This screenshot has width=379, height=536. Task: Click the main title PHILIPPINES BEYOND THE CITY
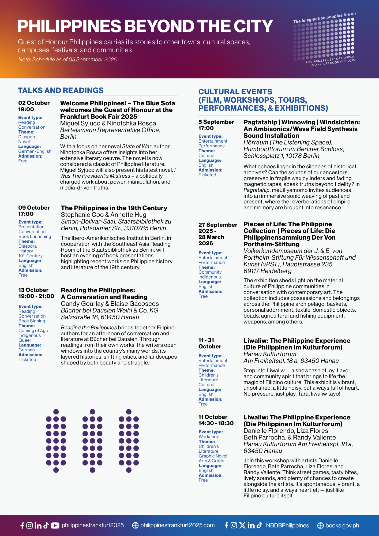[145, 26]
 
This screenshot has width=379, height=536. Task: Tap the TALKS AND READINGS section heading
[61, 90]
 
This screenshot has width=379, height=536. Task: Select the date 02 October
[34, 103]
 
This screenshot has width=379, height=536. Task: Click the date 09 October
[34, 208]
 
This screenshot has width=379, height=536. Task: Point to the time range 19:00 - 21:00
[36, 296]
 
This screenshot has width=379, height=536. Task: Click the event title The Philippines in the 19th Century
[114, 208]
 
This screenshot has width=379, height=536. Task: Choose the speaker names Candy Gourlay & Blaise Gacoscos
[110, 304]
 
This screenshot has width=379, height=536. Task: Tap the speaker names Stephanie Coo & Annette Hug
[103, 215]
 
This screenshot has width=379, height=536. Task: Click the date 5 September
[216, 122]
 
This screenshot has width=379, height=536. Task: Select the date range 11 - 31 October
[210, 343]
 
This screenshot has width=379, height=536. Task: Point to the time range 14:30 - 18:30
[216, 423]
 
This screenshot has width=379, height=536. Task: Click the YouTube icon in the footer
[55, 525]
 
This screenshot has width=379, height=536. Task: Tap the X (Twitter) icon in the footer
[242, 525]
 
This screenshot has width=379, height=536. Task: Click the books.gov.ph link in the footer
[342, 525]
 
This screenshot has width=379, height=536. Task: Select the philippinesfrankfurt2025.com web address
[177, 525]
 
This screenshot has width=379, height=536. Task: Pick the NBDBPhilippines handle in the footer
[287, 525]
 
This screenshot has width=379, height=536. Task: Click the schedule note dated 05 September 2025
[68, 59]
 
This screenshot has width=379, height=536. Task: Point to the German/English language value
[35, 151]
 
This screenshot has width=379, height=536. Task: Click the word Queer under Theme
[25, 340]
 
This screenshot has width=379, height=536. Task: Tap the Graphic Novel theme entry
[213, 456]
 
